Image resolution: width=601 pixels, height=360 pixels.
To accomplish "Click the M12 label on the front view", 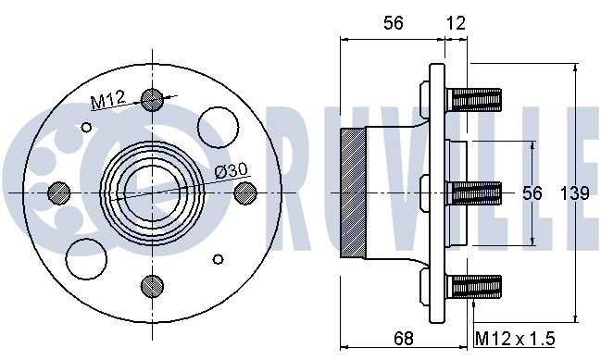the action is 107,99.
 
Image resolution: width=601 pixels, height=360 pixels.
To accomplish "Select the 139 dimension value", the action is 574,193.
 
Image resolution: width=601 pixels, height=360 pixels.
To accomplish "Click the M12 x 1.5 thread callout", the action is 515,339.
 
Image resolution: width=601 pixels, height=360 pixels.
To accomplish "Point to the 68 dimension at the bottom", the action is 404,339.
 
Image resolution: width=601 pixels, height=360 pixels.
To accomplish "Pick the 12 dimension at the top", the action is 456,23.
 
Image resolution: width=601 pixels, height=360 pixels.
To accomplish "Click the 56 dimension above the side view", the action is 394,23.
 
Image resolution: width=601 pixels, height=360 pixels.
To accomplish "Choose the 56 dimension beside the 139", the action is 532,193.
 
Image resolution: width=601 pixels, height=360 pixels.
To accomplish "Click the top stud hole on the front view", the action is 152,100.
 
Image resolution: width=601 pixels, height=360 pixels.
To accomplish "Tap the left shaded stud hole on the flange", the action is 59,192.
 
